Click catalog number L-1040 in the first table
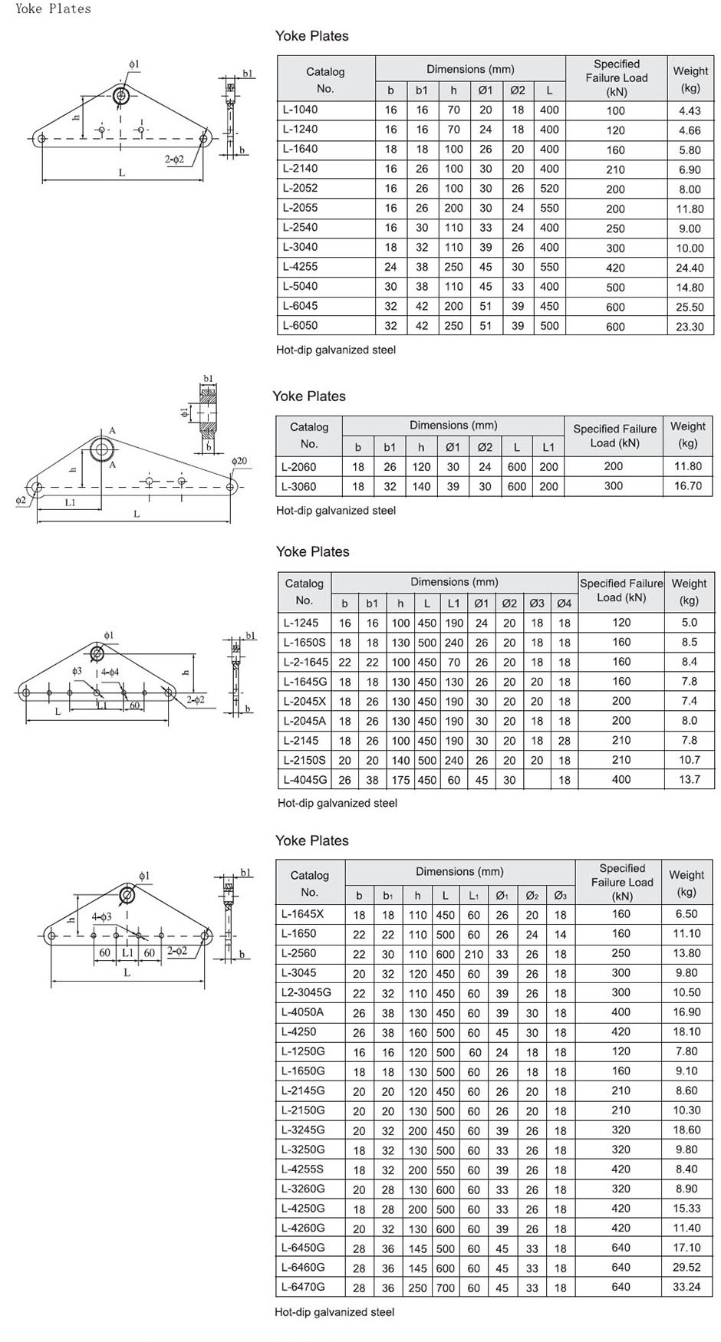coord(300,110)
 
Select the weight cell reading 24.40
coord(690,268)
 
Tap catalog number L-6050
coord(300,325)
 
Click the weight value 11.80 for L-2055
coord(690,209)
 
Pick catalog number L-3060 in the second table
coord(298,486)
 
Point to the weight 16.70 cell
coord(688,486)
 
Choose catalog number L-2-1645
coord(305,662)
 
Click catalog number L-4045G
coord(305,780)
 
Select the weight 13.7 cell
coord(690,780)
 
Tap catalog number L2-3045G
coord(306,992)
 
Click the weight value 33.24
coord(686,1287)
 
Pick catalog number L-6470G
coord(303,1287)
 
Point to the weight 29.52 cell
coord(686,1268)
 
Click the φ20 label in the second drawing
coord(239,461)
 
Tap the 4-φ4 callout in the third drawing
coord(110,672)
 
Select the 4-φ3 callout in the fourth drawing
coord(101,916)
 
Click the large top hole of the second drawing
coord(101,449)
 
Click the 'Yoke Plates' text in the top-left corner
coord(53,8)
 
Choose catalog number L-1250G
coord(303,1051)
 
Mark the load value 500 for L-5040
coord(615,288)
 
